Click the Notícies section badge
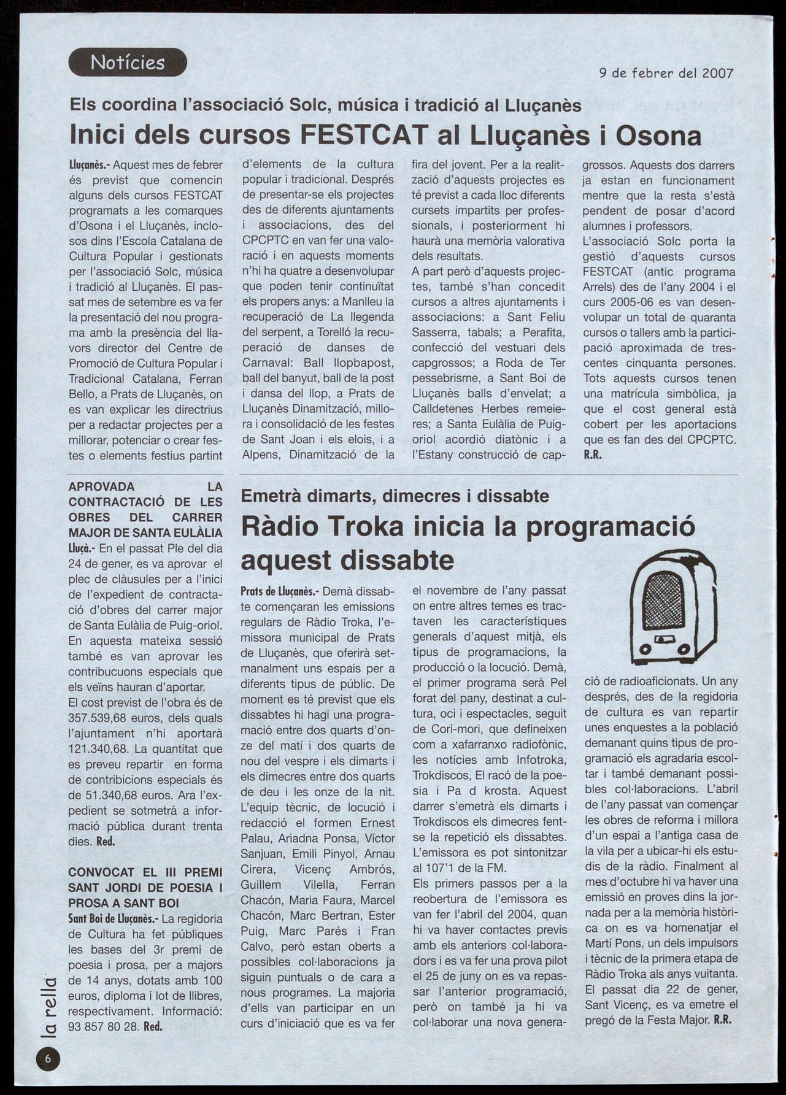click(x=128, y=62)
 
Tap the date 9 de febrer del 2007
click(x=666, y=73)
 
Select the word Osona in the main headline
click(x=658, y=136)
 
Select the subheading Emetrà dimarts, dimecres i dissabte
click(x=395, y=496)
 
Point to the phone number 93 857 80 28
click(x=104, y=1026)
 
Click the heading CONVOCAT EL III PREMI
click(x=145, y=872)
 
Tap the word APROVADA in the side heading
click(x=101, y=486)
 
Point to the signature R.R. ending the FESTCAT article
click(x=592, y=455)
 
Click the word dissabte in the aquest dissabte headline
click(x=400, y=560)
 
